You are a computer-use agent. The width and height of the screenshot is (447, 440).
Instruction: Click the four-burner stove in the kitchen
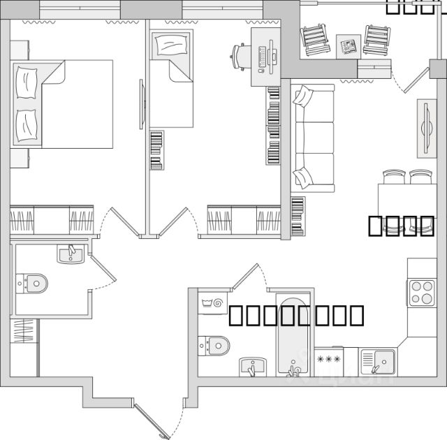click(x=422, y=292)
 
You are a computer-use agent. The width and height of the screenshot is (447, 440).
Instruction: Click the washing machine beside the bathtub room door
click(x=211, y=302)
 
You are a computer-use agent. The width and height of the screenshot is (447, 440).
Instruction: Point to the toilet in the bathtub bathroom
click(x=215, y=344)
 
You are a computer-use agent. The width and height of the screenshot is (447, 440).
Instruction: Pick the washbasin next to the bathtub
click(x=252, y=365)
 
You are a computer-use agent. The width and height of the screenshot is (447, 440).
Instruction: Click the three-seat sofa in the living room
click(x=314, y=138)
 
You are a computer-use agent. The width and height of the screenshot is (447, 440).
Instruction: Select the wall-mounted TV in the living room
click(x=425, y=129)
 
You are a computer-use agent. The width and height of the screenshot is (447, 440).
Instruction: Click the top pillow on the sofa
click(x=302, y=96)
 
